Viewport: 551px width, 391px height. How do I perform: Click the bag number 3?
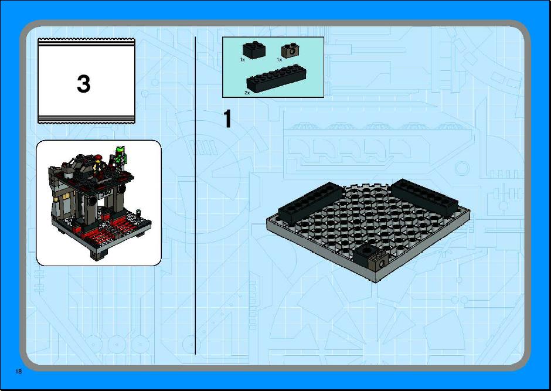(x=84, y=84)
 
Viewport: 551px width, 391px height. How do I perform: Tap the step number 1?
(x=227, y=119)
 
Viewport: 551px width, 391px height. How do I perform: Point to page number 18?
(x=18, y=371)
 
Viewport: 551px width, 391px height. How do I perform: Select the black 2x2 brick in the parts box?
(x=254, y=50)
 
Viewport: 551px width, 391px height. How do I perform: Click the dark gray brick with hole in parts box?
(x=290, y=50)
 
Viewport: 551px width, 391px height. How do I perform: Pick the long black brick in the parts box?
(x=276, y=79)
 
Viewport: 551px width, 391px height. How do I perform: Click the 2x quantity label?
(x=247, y=93)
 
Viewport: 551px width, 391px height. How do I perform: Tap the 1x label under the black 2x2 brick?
(x=243, y=60)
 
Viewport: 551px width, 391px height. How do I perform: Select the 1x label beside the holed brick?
(x=280, y=60)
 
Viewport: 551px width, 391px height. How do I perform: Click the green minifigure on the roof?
(x=121, y=157)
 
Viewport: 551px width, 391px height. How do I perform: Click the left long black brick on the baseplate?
(x=310, y=202)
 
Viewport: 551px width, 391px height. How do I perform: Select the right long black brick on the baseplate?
(x=424, y=197)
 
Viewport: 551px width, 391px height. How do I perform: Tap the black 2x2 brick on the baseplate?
(x=365, y=254)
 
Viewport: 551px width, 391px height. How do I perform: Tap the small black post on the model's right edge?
(x=138, y=214)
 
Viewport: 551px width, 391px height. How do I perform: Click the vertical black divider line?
(x=195, y=195)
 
